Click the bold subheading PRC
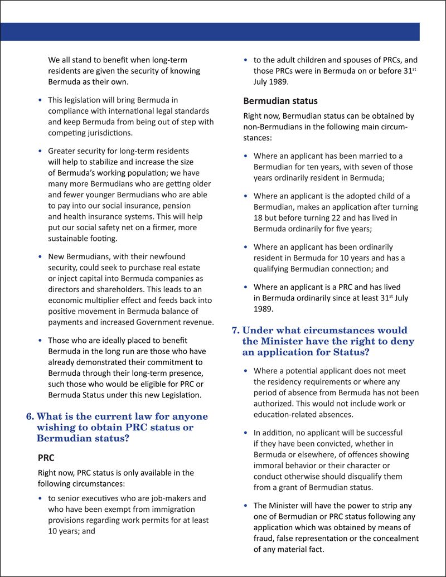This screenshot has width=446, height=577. click(46, 458)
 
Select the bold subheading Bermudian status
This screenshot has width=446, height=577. click(280, 101)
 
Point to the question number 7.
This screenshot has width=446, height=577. click(235, 331)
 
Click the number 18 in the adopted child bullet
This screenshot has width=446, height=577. click(258, 218)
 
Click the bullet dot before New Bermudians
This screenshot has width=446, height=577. click(39, 257)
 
